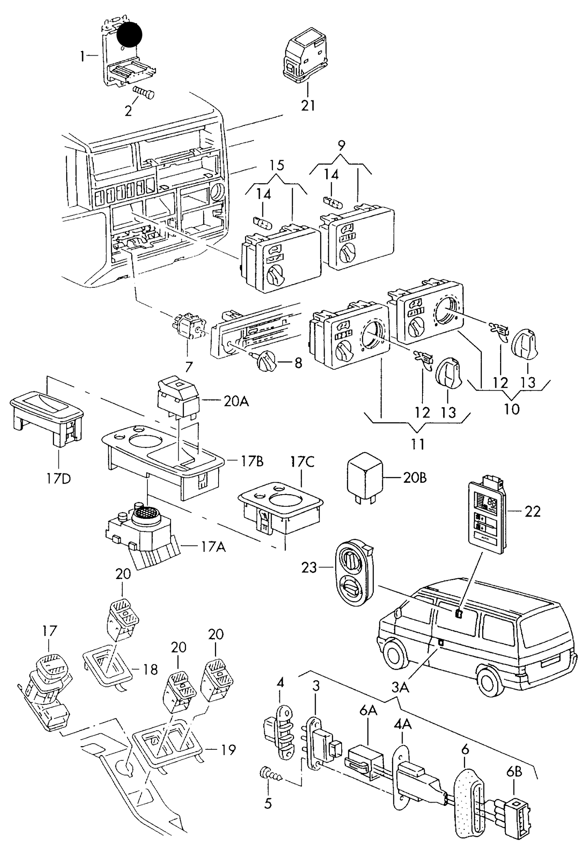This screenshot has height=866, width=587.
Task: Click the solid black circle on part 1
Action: pos(129,35)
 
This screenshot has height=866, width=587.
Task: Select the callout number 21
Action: pos(308,106)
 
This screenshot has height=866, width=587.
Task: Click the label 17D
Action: pos(58,479)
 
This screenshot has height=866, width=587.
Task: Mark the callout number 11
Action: pos(418,444)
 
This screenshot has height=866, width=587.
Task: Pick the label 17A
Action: pos(213,547)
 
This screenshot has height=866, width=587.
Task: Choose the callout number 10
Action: pos(511,409)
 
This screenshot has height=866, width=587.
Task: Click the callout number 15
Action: pos(276,165)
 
